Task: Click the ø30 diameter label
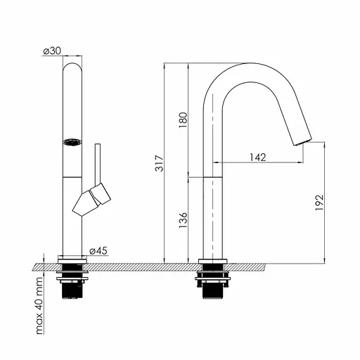52,51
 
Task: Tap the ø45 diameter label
98,251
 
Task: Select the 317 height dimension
160,163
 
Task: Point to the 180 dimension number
184,120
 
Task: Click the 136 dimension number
184,220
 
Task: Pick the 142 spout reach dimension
257,157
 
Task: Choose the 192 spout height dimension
319,202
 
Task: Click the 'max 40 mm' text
39,305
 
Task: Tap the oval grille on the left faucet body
72,142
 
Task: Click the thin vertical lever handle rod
98,164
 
